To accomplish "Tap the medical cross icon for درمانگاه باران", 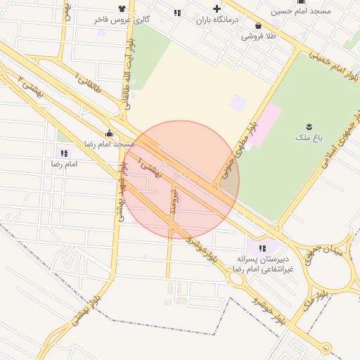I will click(x=217, y=9).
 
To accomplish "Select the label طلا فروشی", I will click(x=260, y=36).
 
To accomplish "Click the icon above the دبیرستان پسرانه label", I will click(x=262, y=247).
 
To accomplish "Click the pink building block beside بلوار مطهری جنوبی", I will click(x=263, y=124).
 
